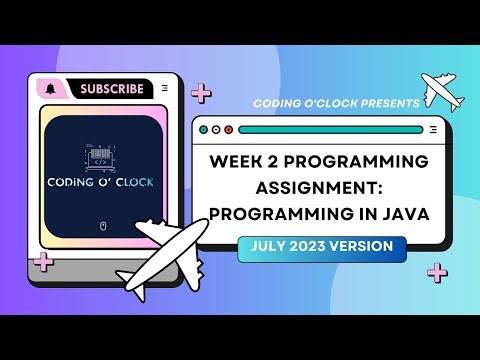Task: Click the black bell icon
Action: (50, 89)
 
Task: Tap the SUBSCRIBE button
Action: (112, 89)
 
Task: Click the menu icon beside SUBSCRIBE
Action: (164, 89)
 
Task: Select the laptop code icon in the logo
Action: (100, 159)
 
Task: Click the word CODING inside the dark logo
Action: (72, 183)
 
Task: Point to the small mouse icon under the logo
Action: (103, 226)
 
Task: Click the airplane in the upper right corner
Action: (444, 91)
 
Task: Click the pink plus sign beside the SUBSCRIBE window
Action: (201, 94)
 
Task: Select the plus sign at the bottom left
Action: (42, 263)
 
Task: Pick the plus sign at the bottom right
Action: (437, 272)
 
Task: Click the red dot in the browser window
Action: (228, 129)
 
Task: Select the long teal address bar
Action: (330, 129)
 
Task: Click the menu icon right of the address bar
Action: (433, 129)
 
